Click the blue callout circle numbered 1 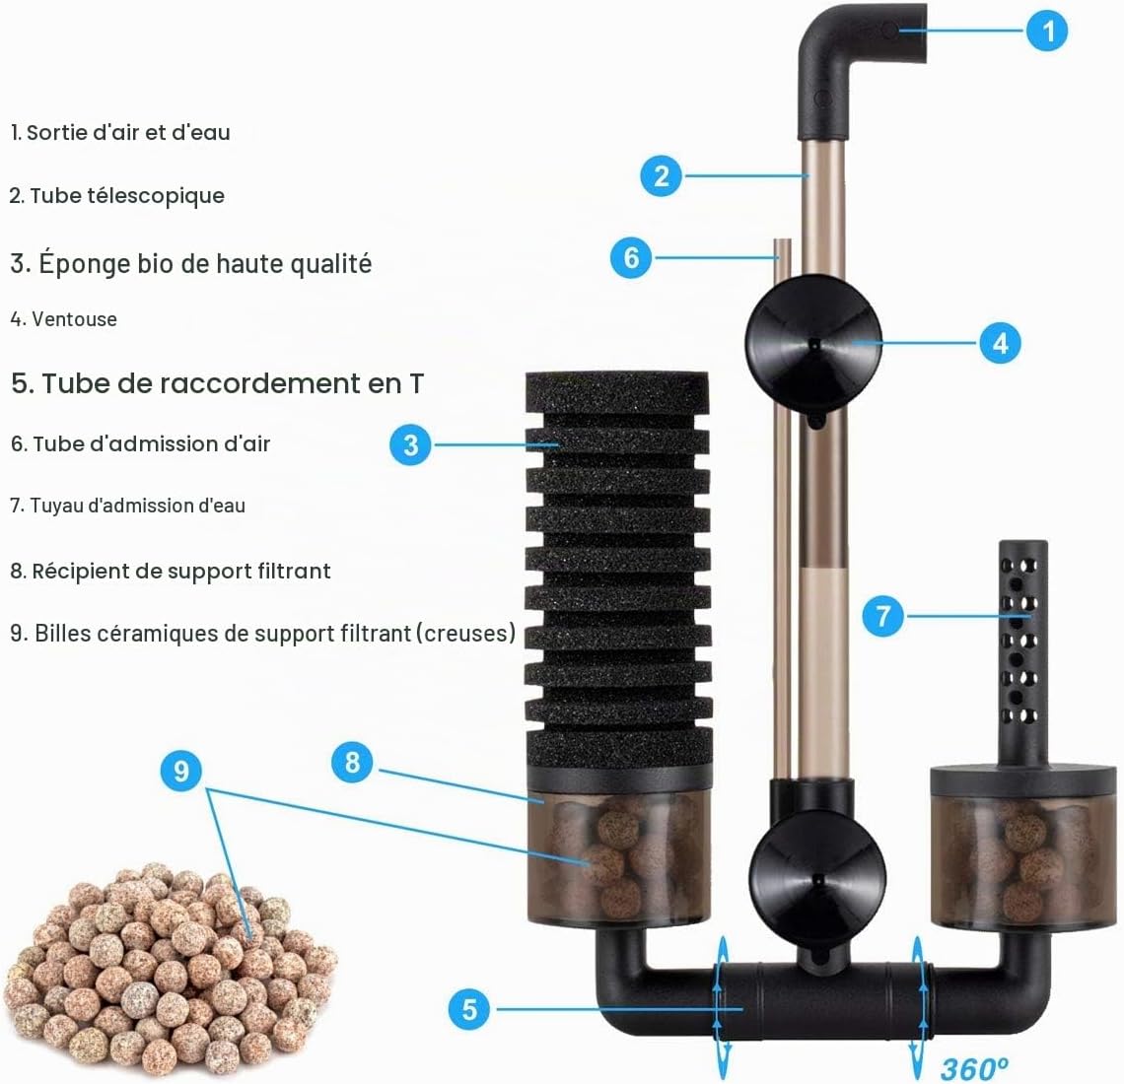tap(1047, 31)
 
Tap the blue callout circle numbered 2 tap(662, 175)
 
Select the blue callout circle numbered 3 tap(411, 444)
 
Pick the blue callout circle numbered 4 tap(1000, 343)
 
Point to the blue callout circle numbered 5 tap(469, 1009)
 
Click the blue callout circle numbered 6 tap(632, 258)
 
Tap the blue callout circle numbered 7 tap(883, 616)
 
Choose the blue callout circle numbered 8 tap(352, 763)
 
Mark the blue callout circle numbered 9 tap(181, 771)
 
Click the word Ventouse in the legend tap(74, 319)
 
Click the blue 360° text tap(973, 1069)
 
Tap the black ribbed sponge tap(618, 572)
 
